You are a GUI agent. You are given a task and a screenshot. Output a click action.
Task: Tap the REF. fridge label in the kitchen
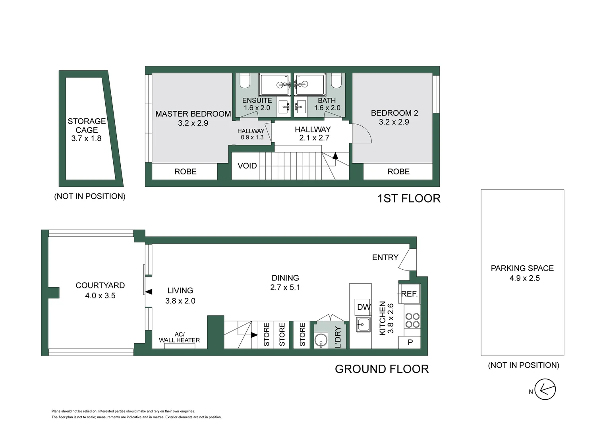[x=409, y=294]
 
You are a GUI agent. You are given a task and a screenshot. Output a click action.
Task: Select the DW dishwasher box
[x=363, y=307]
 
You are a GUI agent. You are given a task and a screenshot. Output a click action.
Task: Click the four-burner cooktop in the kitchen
[x=412, y=320]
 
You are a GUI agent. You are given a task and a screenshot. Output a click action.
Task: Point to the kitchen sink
[x=363, y=324]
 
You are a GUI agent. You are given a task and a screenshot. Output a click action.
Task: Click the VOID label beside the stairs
[x=247, y=166]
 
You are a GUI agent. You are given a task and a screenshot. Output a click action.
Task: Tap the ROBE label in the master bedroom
[x=186, y=172]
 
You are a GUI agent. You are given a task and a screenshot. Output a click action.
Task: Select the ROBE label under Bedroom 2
[x=398, y=172]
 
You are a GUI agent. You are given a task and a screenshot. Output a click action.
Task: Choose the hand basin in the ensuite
[x=284, y=107]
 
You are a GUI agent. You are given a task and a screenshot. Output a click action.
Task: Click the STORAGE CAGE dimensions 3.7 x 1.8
[x=86, y=139]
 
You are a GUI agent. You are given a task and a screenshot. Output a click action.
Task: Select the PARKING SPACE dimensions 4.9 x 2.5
[x=525, y=278]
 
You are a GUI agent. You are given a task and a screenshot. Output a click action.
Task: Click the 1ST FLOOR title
[x=409, y=198]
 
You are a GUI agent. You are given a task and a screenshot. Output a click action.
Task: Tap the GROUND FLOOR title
[x=382, y=369]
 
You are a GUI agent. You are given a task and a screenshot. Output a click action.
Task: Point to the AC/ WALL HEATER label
[x=180, y=337]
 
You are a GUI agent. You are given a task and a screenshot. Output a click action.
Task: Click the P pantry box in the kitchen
[x=410, y=342]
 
